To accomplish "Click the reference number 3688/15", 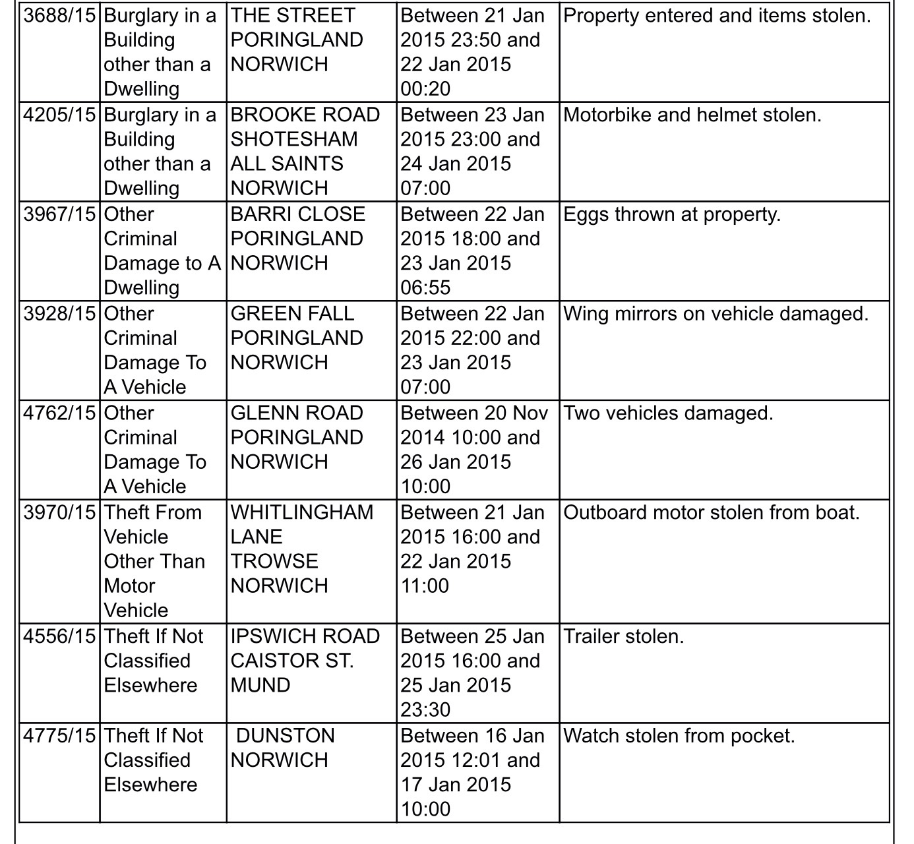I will [x=59, y=16].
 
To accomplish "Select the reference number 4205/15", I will [x=59, y=115].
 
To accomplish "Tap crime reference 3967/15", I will [x=59, y=215].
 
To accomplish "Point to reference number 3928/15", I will [x=59, y=314].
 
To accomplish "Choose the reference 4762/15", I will [x=59, y=413].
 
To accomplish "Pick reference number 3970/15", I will [x=59, y=513].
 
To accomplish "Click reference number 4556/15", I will [x=59, y=637].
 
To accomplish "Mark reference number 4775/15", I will [x=59, y=736].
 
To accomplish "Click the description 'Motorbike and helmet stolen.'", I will [x=692, y=115].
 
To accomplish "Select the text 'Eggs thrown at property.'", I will [x=672, y=215].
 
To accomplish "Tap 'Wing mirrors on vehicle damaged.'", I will [x=716, y=314].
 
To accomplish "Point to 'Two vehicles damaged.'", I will [x=668, y=413].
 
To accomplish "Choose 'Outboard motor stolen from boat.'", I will [x=712, y=513].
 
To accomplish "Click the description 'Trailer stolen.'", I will [x=624, y=637].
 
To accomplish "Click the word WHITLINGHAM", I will [x=302, y=513].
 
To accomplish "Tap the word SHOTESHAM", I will [x=294, y=140].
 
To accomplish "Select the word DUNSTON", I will [x=286, y=736].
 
